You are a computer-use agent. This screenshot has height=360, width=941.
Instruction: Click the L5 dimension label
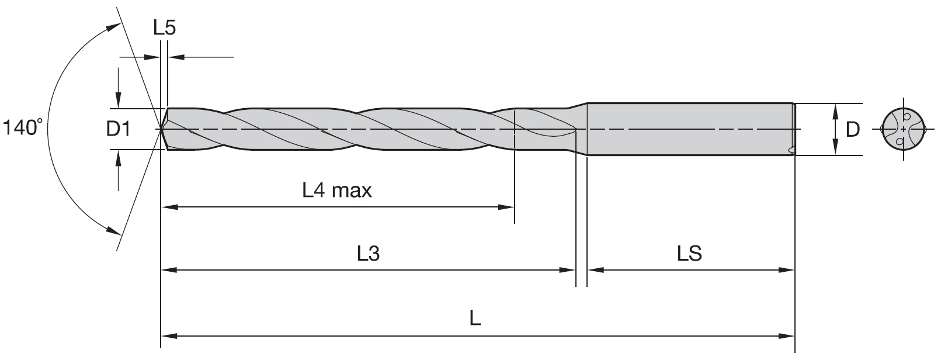[164, 28]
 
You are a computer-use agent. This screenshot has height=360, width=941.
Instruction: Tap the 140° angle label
[23, 127]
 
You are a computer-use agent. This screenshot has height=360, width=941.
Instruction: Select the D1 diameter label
[118, 129]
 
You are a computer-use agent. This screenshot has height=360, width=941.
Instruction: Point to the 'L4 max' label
[337, 190]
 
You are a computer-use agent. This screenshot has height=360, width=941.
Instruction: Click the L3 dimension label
[369, 254]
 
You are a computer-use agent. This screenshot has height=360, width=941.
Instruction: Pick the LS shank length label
[689, 254]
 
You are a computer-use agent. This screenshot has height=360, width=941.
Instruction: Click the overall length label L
[475, 319]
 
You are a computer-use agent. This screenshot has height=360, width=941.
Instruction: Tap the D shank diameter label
[853, 129]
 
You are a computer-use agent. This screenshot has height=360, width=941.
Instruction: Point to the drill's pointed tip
[161, 129]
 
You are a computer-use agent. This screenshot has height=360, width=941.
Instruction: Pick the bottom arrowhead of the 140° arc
[113, 228]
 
